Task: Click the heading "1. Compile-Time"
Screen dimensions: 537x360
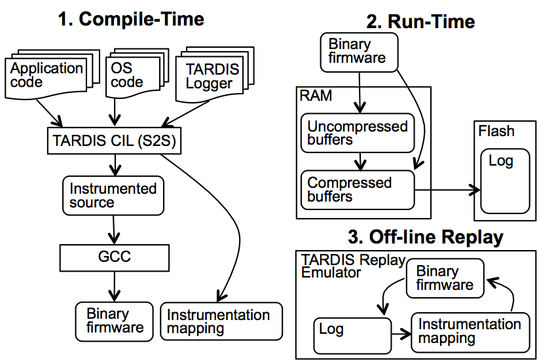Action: pyautogui.click(x=131, y=19)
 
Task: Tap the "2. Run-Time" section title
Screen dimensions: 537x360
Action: pyautogui.click(x=420, y=22)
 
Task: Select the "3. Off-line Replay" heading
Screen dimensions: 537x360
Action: pyautogui.click(x=426, y=236)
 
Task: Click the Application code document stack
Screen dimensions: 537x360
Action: pyautogui.click(x=52, y=75)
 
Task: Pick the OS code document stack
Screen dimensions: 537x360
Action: pyautogui.click(x=138, y=73)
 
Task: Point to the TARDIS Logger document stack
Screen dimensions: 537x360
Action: pyautogui.click(x=215, y=75)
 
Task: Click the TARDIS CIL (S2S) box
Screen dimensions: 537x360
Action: pyautogui.click(x=114, y=141)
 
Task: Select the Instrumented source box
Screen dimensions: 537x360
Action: pyautogui.click(x=113, y=196)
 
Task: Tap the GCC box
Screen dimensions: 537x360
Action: pyautogui.click(x=115, y=258)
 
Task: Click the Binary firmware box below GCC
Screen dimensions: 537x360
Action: pyautogui.click(x=115, y=321)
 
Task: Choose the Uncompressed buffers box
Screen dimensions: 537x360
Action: pyautogui.click(x=358, y=133)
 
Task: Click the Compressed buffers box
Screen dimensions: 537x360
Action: pyautogui.click(x=358, y=190)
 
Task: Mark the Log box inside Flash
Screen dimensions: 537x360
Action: pyautogui.click(x=505, y=181)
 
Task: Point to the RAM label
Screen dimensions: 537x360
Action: pyautogui.click(x=316, y=96)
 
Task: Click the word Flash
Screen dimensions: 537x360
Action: pyautogui.click(x=496, y=131)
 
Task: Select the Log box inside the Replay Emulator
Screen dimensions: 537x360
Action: pyautogui.click(x=352, y=336)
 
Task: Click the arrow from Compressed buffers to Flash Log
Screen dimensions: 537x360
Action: pyautogui.click(x=447, y=190)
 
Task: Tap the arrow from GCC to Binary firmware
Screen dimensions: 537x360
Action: pyautogui.click(x=115, y=287)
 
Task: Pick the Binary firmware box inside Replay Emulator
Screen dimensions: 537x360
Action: pyautogui.click(x=445, y=278)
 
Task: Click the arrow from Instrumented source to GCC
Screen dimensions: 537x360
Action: pyautogui.click(x=114, y=230)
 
